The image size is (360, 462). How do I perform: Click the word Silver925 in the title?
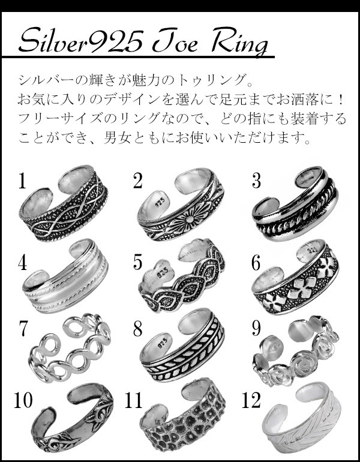[x=81, y=40]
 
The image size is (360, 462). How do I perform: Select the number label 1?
[x=22, y=181]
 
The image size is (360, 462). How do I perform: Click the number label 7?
[x=23, y=328]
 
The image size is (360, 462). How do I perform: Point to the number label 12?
[x=251, y=400]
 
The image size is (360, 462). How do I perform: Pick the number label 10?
[x=23, y=400]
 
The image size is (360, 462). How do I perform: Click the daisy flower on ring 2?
[x=190, y=220]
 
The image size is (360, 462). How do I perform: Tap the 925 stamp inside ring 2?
[x=161, y=202]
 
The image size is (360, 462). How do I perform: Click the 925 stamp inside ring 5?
[x=163, y=272]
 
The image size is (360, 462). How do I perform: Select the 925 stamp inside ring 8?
[x=161, y=343]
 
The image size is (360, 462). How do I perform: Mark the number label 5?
[x=137, y=262]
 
